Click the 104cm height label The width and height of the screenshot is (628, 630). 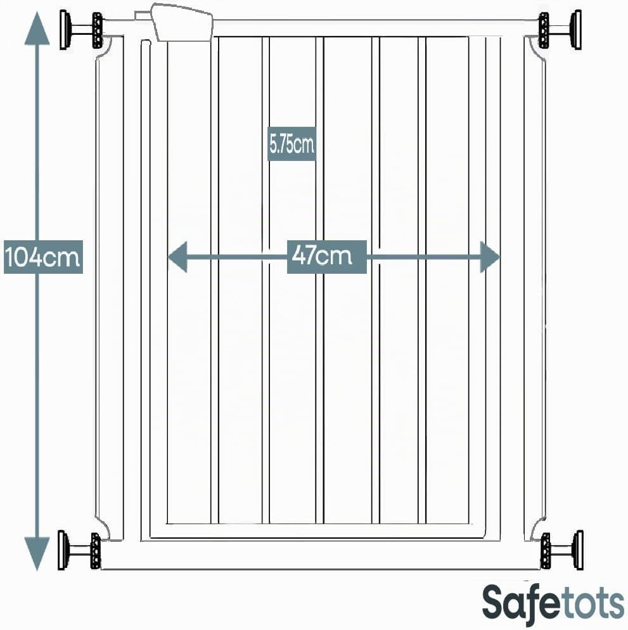click(43, 257)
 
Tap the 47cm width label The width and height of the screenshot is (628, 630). click(326, 257)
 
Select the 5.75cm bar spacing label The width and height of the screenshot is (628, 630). click(292, 144)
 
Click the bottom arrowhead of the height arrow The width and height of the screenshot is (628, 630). click(37, 554)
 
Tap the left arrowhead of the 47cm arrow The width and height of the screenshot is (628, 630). click(177, 257)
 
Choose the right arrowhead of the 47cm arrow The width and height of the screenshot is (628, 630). click(490, 257)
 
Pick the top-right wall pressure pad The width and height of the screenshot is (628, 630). click(576, 30)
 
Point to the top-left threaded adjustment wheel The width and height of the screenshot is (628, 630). click(98, 30)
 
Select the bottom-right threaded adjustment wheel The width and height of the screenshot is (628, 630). click(545, 550)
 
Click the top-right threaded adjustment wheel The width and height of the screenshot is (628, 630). click(544, 30)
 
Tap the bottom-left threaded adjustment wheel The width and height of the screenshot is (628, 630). click(96, 550)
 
